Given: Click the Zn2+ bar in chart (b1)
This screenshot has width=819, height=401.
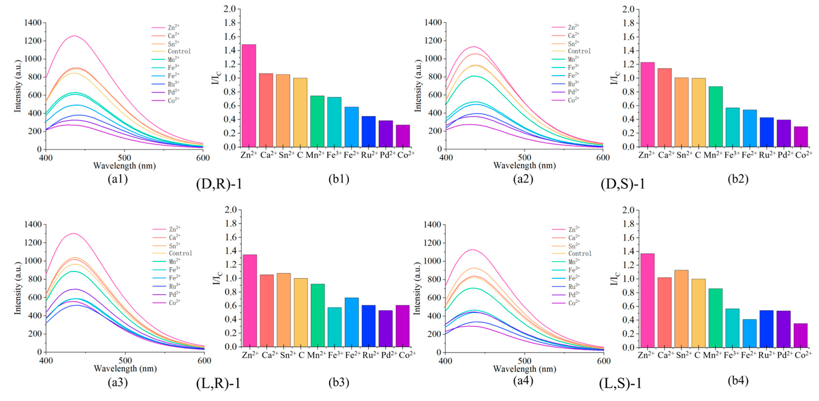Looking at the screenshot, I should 249,95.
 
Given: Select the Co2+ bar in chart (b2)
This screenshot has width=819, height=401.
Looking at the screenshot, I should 800,137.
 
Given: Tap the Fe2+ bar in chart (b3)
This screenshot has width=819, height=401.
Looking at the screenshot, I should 352,322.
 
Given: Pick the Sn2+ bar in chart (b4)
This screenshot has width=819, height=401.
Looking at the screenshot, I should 681,308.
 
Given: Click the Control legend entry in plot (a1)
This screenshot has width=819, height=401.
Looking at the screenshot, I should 179,51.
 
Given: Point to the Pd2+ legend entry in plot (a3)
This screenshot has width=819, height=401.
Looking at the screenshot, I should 174,294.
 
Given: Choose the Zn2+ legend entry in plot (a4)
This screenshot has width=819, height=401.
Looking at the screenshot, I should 574,230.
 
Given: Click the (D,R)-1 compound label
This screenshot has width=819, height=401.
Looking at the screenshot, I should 219,184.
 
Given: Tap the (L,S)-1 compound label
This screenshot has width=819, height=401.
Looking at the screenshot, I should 620,383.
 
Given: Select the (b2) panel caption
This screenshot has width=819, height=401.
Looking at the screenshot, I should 738,179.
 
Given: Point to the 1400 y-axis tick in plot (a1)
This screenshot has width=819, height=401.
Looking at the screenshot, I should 33,23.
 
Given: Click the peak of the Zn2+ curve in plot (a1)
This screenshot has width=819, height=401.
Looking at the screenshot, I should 74,36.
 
